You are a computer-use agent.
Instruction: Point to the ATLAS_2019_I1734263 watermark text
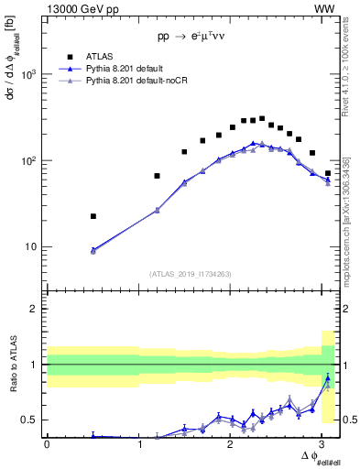coord(190,273)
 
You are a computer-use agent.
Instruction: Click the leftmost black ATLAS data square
coord(93,216)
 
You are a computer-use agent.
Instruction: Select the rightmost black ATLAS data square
coord(328,173)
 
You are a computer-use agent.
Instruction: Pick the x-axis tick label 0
coord(47,444)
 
